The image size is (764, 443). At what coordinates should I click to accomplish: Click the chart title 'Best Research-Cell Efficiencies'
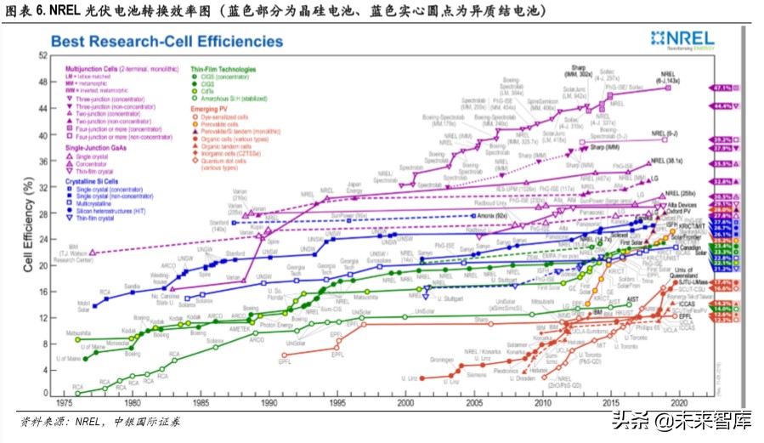(x=167, y=41)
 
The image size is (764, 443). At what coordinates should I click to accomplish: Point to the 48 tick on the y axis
(x=42, y=82)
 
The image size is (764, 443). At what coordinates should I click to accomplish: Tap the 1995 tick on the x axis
(x=337, y=403)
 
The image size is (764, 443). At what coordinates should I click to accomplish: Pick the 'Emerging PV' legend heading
(x=210, y=110)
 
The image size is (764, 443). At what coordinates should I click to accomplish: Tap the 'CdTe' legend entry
(x=207, y=92)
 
